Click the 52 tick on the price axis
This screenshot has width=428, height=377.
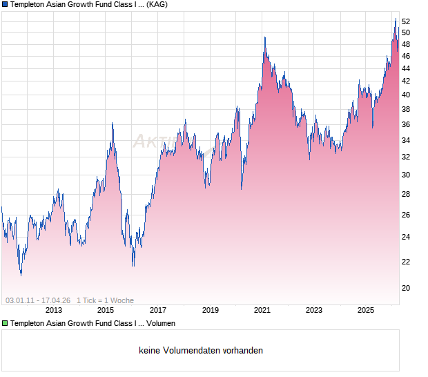point(406,21)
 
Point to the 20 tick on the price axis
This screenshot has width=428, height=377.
point(406,288)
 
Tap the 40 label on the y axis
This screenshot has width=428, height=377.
point(406,95)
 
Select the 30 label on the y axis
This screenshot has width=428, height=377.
point(406,175)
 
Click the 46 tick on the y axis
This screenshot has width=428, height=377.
point(406,56)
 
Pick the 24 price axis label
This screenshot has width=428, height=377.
point(406,237)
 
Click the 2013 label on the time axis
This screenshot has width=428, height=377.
point(53,310)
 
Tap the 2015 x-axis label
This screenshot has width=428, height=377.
point(106,310)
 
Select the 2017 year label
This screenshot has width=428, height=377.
point(158,310)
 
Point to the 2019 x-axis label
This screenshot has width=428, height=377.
point(211,310)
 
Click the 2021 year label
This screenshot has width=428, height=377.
point(262,310)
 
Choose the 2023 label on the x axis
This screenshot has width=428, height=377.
point(314,310)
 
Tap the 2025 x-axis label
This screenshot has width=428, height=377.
point(367,310)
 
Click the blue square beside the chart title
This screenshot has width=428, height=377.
point(5,5)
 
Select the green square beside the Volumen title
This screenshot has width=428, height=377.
point(5,323)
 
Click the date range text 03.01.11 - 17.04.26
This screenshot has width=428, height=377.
point(38,300)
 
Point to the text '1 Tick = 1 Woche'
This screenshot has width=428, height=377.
point(105,300)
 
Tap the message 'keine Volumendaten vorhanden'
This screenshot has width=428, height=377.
point(201,351)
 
